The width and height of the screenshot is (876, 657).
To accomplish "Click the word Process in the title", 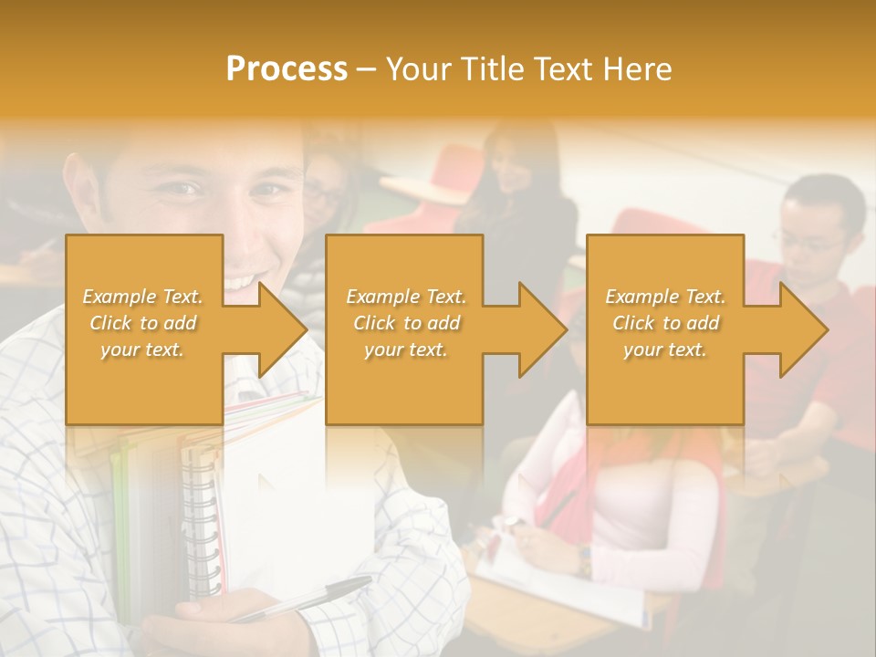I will click(x=287, y=69).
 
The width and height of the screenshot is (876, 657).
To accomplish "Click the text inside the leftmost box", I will click(x=143, y=323).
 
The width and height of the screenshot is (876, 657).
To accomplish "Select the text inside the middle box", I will click(x=406, y=323).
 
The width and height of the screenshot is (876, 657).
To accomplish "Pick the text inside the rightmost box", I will click(x=665, y=323).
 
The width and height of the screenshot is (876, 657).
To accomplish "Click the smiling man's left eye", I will click(x=267, y=191).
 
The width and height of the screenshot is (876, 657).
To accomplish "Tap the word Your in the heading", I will click(x=419, y=69).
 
